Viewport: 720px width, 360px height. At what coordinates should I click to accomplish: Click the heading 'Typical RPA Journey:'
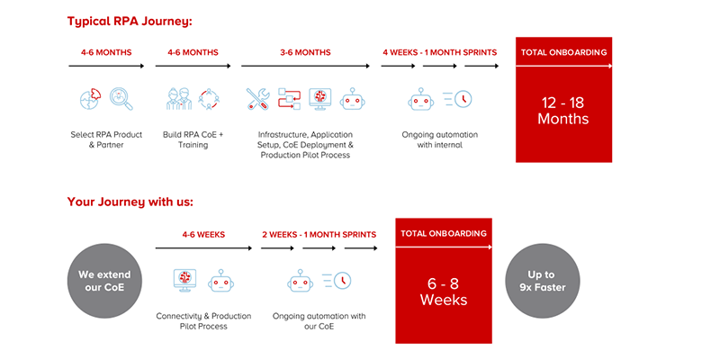click(x=130, y=21)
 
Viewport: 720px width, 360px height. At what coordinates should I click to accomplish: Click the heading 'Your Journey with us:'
click(x=130, y=202)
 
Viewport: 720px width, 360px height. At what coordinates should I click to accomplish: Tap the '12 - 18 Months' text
click(x=563, y=111)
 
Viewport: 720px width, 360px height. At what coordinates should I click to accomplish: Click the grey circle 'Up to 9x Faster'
click(x=542, y=281)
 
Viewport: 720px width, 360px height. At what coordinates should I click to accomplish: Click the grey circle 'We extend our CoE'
click(x=104, y=281)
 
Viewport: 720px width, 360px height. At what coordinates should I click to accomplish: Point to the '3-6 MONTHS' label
click(x=304, y=52)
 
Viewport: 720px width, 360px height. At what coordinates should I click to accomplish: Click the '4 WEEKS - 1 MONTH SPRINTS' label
click(x=439, y=52)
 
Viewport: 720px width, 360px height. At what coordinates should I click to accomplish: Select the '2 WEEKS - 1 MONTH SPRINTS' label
click(x=319, y=234)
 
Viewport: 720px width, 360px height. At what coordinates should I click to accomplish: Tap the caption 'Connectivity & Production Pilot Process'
click(x=203, y=321)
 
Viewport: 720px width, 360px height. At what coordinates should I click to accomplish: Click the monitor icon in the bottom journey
click(x=185, y=280)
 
